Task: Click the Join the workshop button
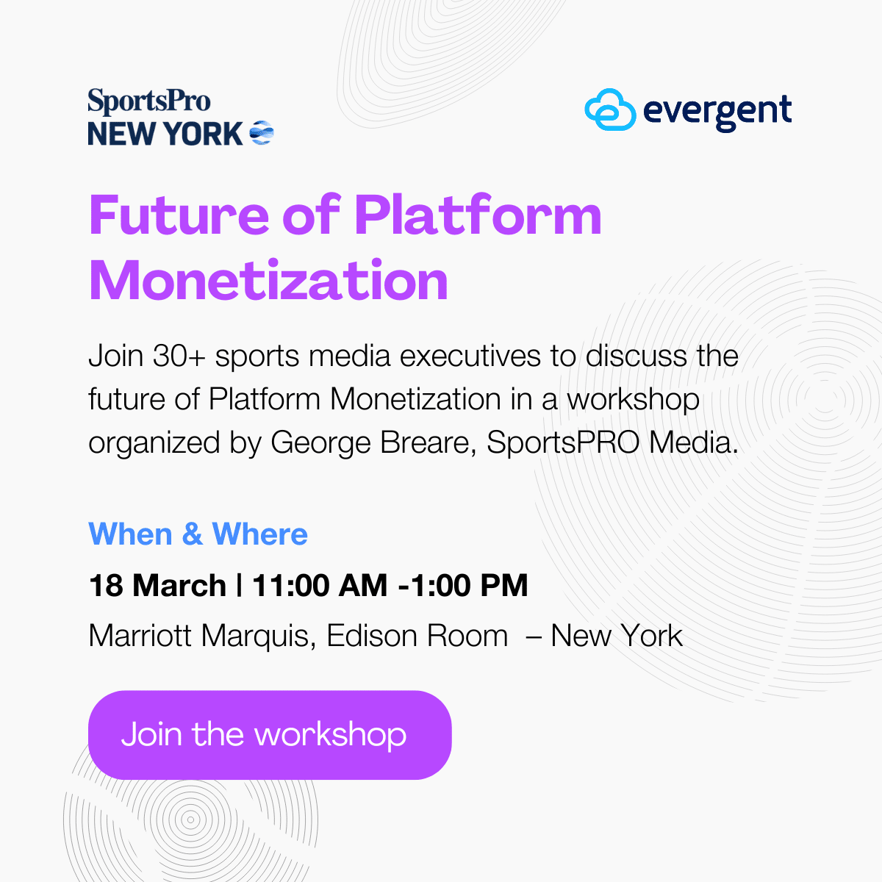pyautogui.click(x=269, y=734)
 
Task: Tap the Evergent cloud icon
pyautogui.click(x=610, y=110)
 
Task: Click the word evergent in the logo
pyautogui.click(x=717, y=112)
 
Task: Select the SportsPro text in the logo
pyautogui.click(x=148, y=101)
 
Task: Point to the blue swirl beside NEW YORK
pyautogui.click(x=262, y=133)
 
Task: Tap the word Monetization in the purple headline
pyautogui.click(x=268, y=281)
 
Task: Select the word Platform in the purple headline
pyautogui.click(x=478, y=215)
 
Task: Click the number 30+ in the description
pyautogui.click(x=179, y=356)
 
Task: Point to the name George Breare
pyautogui.click(x=370, y=442)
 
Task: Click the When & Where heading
pyautogui.click(x=198, y=534)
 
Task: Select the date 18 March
pyautogui.click(x=157, y=586)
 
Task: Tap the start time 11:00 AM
pyautogui.click(x=320, y=586)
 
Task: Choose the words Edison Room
pyautogui.click(x=417, y=636)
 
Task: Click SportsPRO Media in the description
pyautogui.click(x=612, y=442)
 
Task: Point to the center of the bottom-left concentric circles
pyautogui.click(x=190, y=819)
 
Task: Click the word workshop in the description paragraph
pyautogui.click(x=633, y=400)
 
